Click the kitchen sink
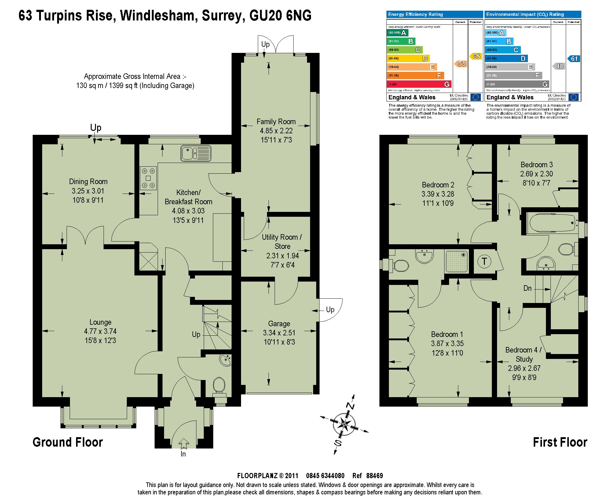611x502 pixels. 196,153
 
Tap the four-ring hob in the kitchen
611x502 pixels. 148,178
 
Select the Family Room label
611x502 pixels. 276,122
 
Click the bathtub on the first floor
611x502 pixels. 553,223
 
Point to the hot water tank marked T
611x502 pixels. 484,261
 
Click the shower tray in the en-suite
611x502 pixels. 457,261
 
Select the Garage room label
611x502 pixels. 279,324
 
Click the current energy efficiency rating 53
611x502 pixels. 461,64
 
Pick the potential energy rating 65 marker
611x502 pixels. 476,56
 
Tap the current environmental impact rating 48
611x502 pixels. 559,66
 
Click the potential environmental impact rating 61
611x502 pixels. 574,59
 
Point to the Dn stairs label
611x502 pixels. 527,288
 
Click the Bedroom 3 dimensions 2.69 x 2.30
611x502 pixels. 536,174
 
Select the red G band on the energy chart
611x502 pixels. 419,84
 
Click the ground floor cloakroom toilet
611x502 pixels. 219,385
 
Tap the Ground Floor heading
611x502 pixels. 68,442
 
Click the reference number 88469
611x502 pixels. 374,476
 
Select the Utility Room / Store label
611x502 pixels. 282,242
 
